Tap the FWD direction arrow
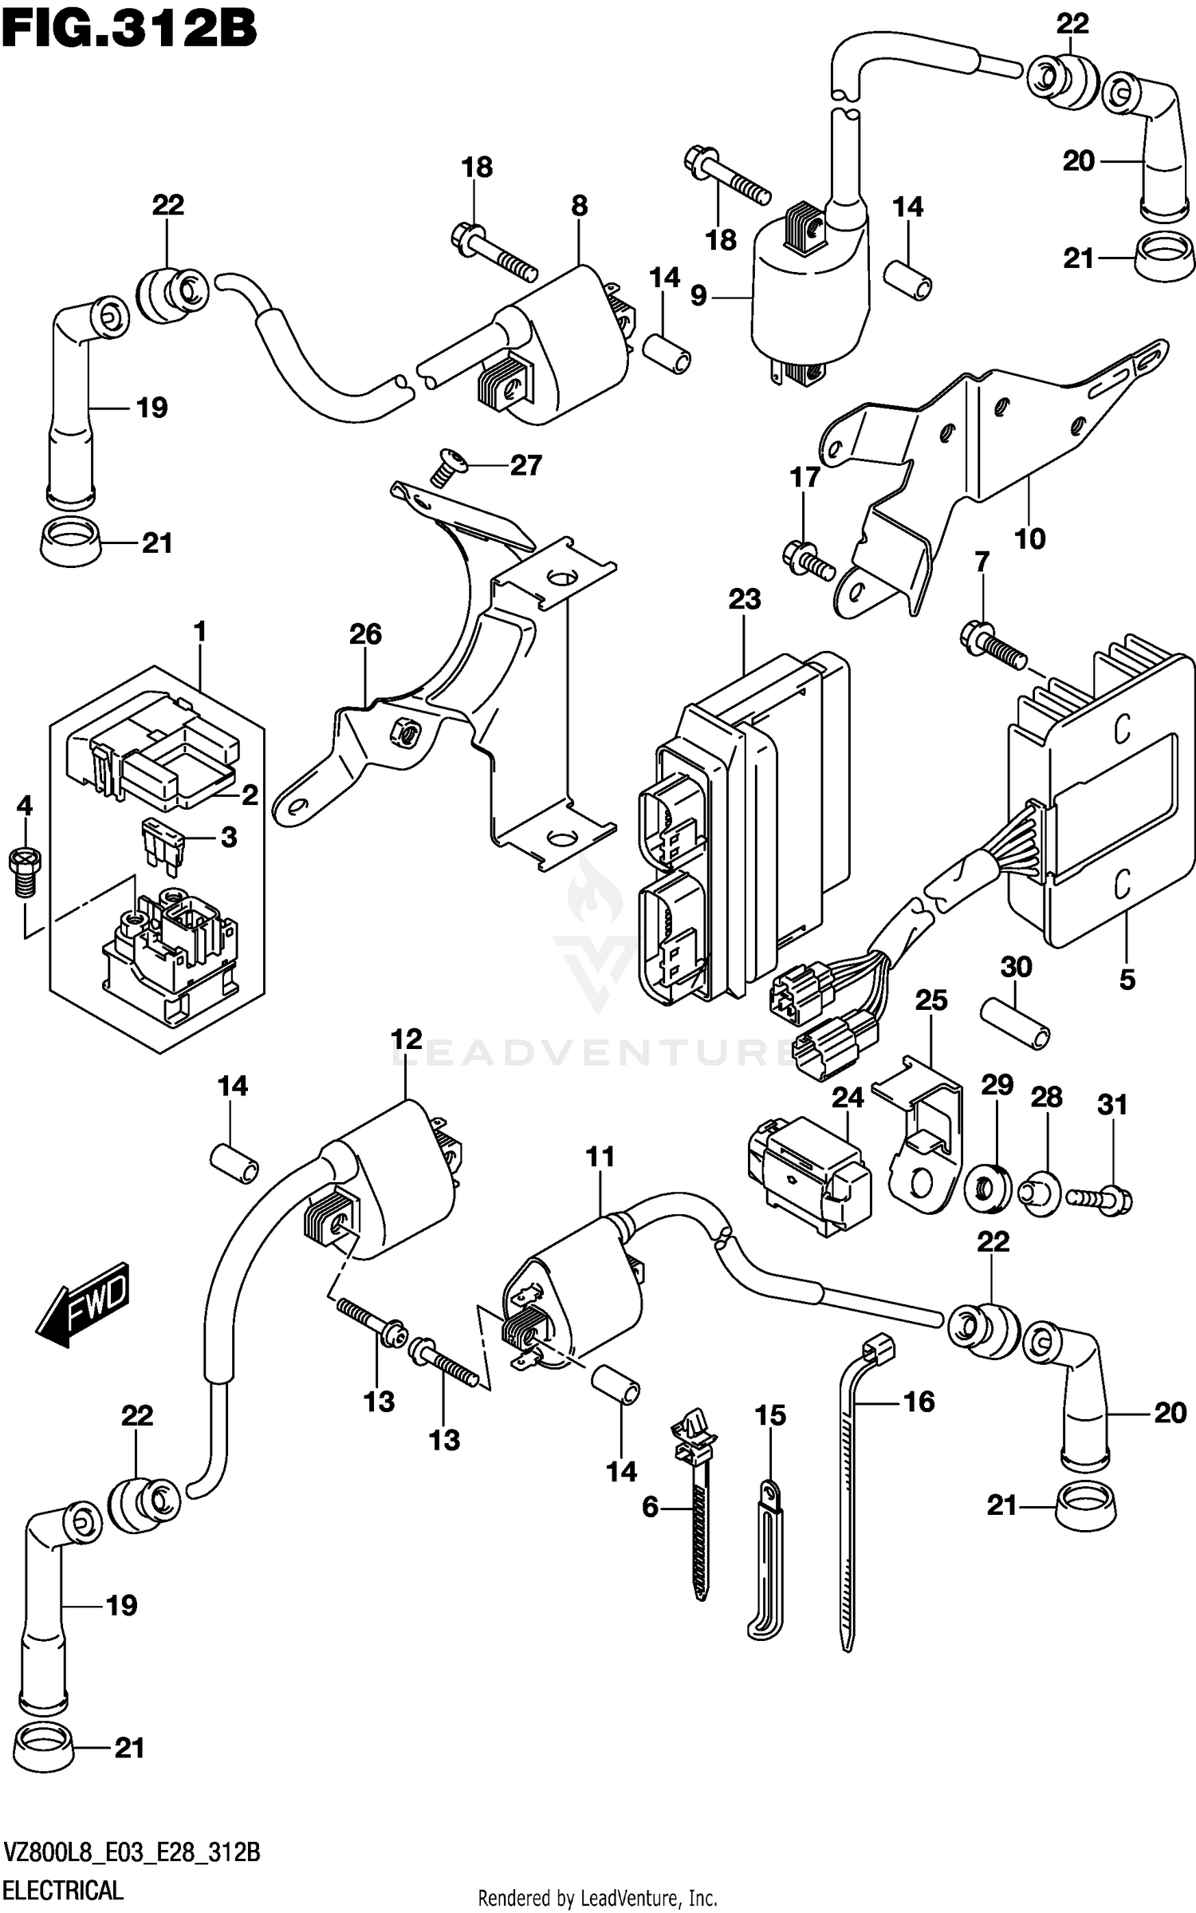(83, 1304)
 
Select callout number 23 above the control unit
(744, 599)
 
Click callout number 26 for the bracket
(365, 634)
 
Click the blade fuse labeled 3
(161, 838)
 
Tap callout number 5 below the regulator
(1127, 979)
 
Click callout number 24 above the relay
(848, 1098)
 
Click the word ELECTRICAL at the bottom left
(64, 1889)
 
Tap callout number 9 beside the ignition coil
(698, 297)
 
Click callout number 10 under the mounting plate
(1029, 538)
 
